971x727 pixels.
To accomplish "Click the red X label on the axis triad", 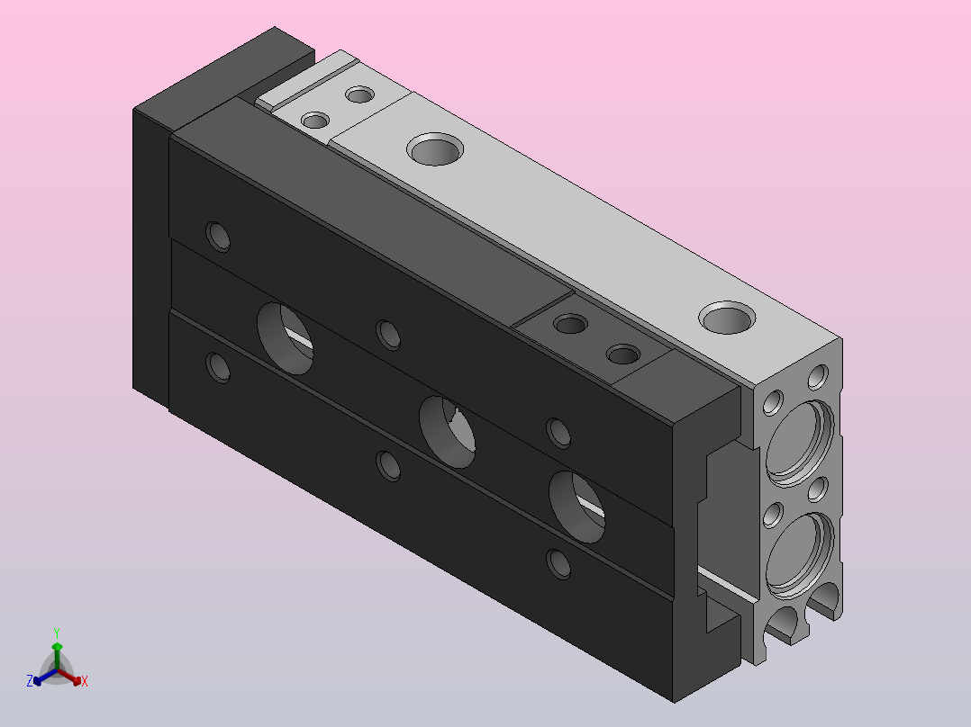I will click(x=85, y=682).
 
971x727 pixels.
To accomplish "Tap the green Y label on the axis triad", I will click(x=57, y=633).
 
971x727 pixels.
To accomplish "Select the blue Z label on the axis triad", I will click(x=30, y=682).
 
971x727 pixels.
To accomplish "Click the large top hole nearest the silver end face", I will click(x=727, y=318).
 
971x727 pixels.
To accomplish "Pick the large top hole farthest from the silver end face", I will click(x=436, y=148).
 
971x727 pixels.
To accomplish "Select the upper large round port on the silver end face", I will click(x=796, y=441).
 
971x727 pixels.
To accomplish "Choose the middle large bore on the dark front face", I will click(x=449, y=430).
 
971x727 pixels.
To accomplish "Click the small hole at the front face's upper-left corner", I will click(x=218, y=237).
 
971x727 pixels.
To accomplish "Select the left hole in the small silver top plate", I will click(x=315, y=121).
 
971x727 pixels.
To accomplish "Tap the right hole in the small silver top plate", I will click(x=360, y=94).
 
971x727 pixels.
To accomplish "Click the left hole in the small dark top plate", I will click(x=570, y=323).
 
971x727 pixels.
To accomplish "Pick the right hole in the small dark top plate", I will click(x=623, y=355).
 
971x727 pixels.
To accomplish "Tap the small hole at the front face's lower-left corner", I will click(x=218, y=366).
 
